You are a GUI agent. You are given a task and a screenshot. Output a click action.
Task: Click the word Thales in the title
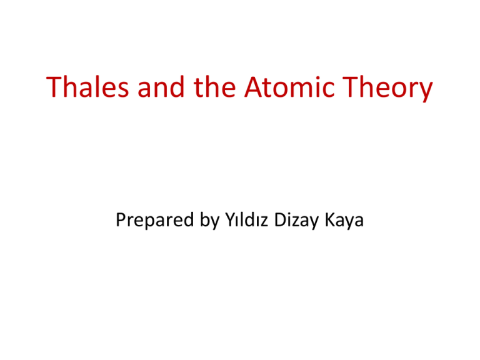coord(87,87)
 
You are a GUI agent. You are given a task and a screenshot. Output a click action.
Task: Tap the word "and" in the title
coord(161,87)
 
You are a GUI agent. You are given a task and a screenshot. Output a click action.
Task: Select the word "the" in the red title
coord(214,87)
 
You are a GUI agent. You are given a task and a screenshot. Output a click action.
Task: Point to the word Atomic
coord(289,87)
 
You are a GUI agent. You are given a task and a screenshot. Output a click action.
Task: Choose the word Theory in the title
coord(387,89)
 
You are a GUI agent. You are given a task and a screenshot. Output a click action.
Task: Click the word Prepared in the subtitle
coord(155,221)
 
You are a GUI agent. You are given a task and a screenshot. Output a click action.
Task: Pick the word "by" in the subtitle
coord(210,221)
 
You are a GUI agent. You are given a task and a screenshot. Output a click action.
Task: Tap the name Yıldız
coord(247,220)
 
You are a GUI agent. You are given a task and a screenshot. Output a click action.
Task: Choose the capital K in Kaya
coord(330,220)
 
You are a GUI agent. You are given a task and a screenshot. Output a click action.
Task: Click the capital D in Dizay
coord(281,220)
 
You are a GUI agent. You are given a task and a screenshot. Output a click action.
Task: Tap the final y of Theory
coord(426,92)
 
